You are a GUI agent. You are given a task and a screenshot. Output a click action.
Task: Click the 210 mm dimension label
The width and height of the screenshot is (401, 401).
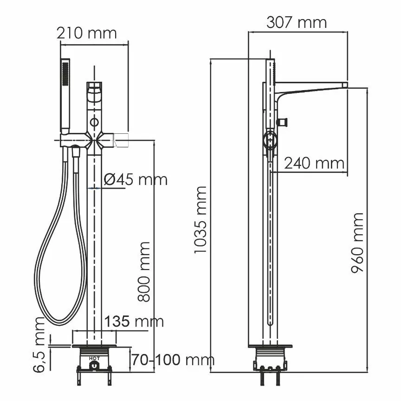pos(86,33)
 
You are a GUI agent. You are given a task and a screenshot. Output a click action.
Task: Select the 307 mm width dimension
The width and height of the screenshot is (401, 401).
pos(296,22)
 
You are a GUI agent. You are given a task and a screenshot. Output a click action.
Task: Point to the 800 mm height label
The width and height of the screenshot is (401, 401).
pos(145,272)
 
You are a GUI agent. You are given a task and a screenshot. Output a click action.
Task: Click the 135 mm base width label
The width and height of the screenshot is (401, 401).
pos(134,321)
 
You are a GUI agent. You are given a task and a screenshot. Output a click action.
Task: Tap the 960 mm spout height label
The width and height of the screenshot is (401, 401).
pos(357,243)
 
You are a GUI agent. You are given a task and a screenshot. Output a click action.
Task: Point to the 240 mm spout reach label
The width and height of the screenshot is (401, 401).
pos(314,163)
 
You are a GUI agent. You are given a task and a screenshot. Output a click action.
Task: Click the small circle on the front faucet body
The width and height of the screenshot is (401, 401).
pos(95,123)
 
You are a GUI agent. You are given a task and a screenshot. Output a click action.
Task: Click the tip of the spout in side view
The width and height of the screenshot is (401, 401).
pos(344,85)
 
